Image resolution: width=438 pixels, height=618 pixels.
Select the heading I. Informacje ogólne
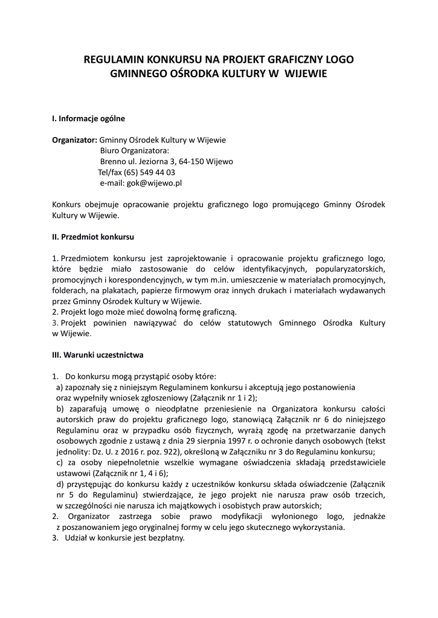point(89,118)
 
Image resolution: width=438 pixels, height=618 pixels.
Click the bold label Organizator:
point(75,140)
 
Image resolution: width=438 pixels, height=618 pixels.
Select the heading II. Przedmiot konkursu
point(93,237)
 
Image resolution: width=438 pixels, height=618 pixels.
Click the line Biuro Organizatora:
point(135,151)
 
